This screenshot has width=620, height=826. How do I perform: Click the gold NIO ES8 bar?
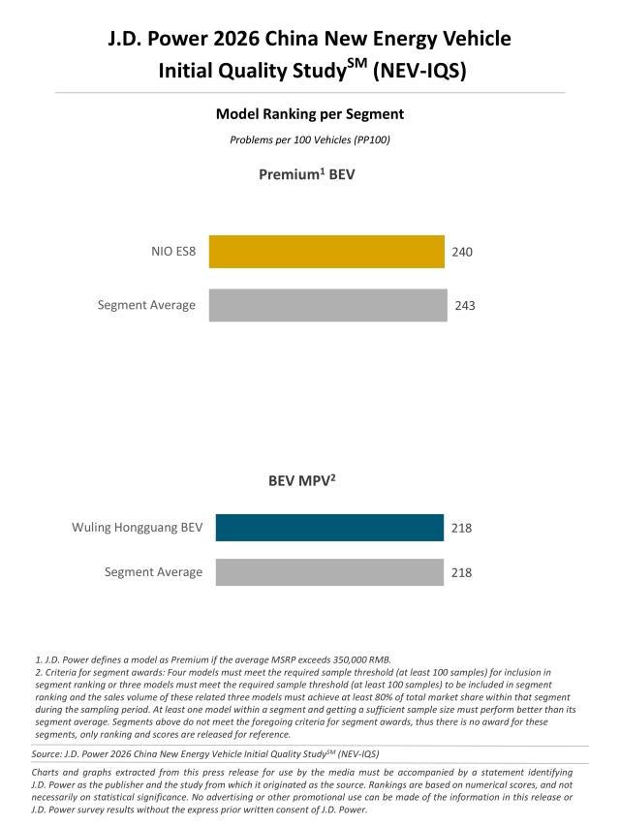326,252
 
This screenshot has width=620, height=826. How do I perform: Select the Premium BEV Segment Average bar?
328,305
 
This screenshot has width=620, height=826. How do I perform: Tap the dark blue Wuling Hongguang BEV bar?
329,528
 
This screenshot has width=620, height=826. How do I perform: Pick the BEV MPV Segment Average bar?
329,572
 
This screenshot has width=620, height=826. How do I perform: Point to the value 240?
462,252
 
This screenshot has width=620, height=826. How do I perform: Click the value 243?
465,306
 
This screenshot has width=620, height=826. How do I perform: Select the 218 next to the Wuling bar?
461,529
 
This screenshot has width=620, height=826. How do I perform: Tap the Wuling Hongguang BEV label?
137,528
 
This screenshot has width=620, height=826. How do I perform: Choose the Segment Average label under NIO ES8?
146,305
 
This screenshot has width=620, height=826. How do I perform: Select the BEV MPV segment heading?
309,478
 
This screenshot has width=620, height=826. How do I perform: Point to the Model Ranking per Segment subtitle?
310,114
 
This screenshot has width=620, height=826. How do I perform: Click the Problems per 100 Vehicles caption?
310,139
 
